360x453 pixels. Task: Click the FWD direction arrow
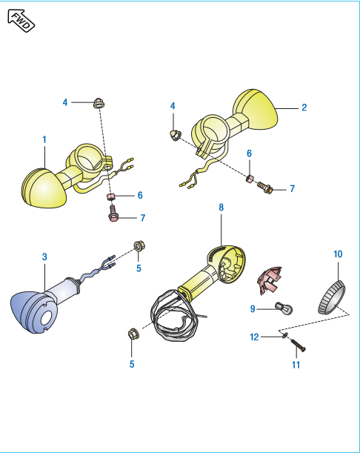(x=21, y=20)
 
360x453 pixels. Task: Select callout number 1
(x=44, y=139)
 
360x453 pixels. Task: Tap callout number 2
(x=304, y=108)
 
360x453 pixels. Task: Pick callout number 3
(x=44, y=257)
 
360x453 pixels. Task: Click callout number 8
(x=221, y=207)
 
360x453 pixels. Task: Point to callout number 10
(x=338, y=254)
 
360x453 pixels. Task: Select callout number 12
(x=254, y=337)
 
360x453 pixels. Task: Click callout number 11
(x=296, y=365)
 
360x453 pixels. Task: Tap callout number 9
(x=253, y=309)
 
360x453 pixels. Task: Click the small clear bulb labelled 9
(x=284, y=308)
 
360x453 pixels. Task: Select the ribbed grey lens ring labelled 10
(x=331, y=297)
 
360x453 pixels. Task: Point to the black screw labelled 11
(x=297, y=345)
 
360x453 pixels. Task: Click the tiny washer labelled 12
(x=285, y=335)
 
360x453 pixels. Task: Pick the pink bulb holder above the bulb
(x=269, y=280)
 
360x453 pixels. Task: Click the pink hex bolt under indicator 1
(x=113, y=214)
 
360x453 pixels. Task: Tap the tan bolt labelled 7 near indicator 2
(x=264, y=188)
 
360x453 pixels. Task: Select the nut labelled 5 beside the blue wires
(x=139, y=246)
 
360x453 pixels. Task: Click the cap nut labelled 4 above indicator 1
(x=99, y=103)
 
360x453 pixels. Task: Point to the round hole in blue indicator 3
(x=46, y=319)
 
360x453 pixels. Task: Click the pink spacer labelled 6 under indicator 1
(x=110, y=197)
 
